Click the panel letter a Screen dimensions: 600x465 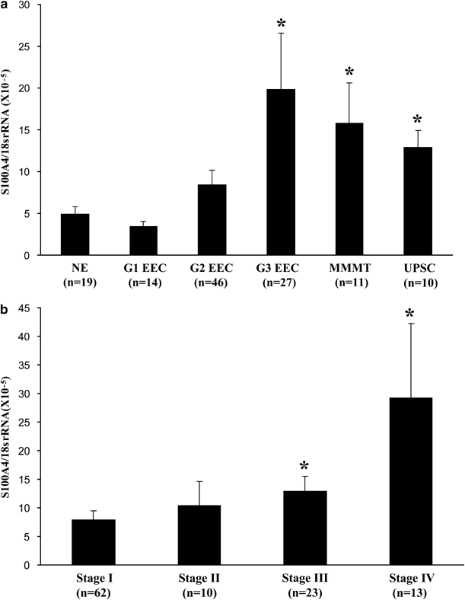[x=5, y=5]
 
